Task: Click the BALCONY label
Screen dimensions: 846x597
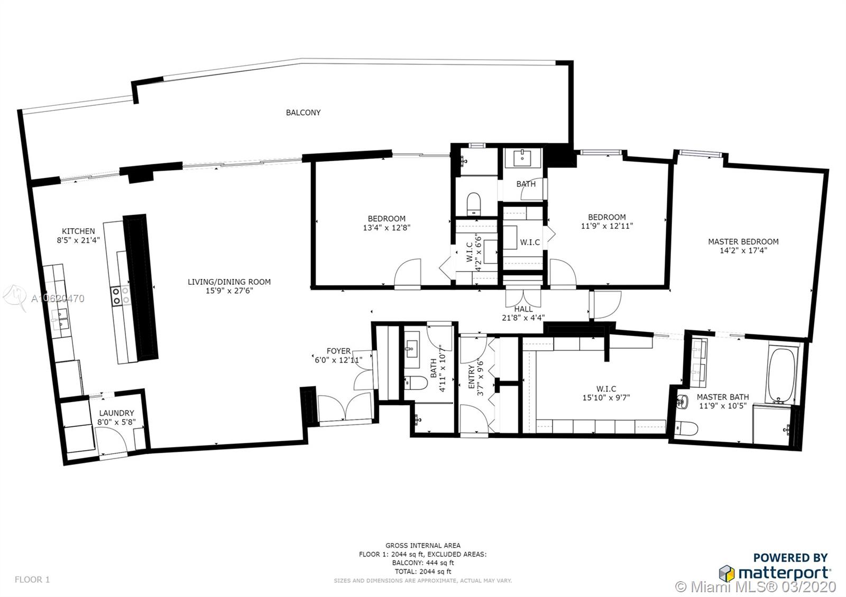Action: [x=303, y=113]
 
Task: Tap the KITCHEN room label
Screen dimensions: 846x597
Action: [x=78, y=231]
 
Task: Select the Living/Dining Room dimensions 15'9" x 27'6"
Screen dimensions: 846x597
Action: [x=229, y=291]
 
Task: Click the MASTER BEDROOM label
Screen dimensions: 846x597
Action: [x=743, y=241]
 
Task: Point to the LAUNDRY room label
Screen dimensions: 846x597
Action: [x=117, y=413]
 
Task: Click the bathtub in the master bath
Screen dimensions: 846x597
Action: [x=780, y=375]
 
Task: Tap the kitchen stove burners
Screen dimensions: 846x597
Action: [x=120, y=295]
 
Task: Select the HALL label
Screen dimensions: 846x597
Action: [x=523, y=309]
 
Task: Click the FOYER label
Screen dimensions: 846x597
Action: [x=338, y=351]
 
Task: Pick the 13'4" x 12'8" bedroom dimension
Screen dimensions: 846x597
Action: [x=387, y=228]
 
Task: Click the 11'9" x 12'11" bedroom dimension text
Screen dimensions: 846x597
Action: [x=606, y=226]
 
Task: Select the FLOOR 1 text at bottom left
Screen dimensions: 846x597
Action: [x=32, y=580]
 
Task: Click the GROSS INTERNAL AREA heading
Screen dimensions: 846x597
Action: [x=422, y=545]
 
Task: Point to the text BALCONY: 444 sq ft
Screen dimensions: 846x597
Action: [x=422, y=563]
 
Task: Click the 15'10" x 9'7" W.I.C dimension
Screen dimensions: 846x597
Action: [x=606, y=397]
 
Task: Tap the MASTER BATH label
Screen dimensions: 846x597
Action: [x=722, y=397]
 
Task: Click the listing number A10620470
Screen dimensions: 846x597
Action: [x=58, y=299]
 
